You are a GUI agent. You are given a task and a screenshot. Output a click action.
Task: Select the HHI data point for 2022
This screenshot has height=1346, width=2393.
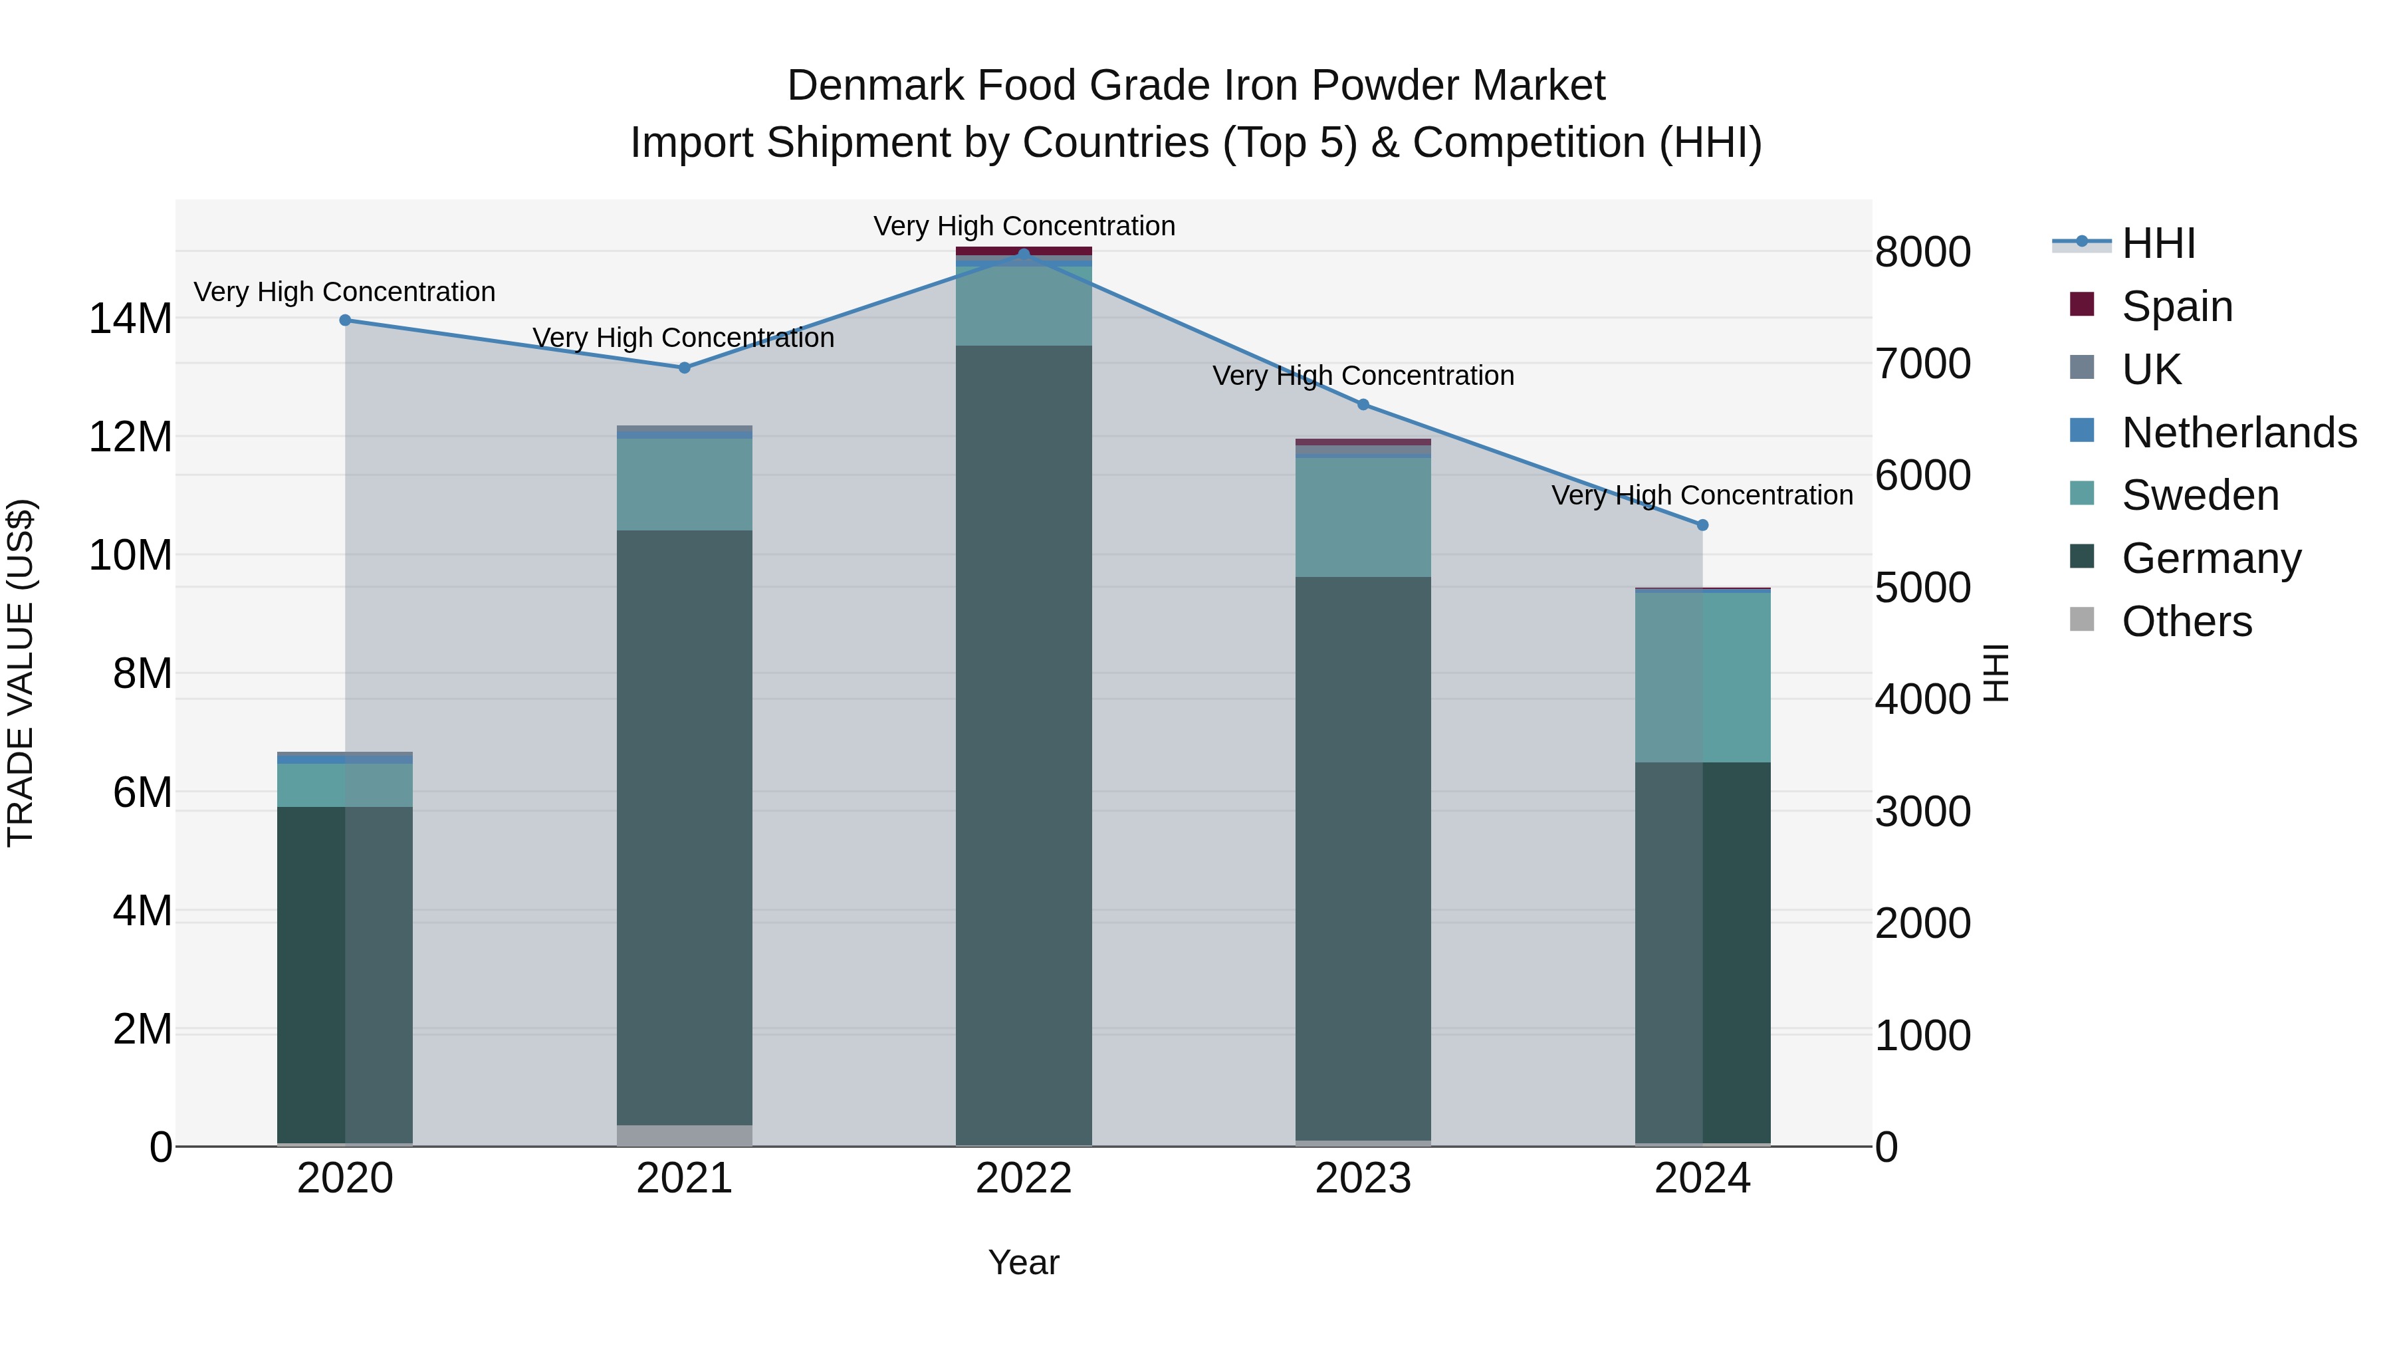[x=1024, y=254]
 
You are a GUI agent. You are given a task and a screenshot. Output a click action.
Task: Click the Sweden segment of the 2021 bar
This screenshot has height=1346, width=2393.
[x=684, y=484]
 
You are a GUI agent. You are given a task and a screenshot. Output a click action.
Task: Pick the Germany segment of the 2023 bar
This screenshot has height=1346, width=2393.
[x=1363, y=855]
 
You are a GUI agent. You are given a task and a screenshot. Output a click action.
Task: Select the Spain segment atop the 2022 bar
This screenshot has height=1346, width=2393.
[x=1024, y=251]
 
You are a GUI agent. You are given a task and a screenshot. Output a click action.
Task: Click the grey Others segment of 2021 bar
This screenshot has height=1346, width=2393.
[x=684, y=1135]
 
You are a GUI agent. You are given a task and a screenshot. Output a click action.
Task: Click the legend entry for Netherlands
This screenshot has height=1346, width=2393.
[x=2239, y=433]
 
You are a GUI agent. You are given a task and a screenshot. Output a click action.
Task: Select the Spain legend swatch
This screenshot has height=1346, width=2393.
[x=2082, y=304]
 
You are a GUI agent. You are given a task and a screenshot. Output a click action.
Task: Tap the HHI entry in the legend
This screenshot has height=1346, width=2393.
[x=2158, y=243]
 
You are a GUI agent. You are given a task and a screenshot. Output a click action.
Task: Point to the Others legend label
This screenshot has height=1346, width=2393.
[x=2187, y=621]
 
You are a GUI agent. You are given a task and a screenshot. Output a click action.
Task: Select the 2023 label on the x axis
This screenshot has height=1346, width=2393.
[x=1363, y=1178]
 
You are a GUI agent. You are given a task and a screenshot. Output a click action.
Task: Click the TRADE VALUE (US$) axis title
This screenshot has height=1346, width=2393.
[x=21, y=673]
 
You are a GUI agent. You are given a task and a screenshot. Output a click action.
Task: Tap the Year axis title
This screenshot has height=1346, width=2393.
[x=1023, y=1262]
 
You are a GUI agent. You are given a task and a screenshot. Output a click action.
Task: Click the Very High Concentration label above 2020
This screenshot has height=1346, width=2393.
[x=344, y=292]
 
